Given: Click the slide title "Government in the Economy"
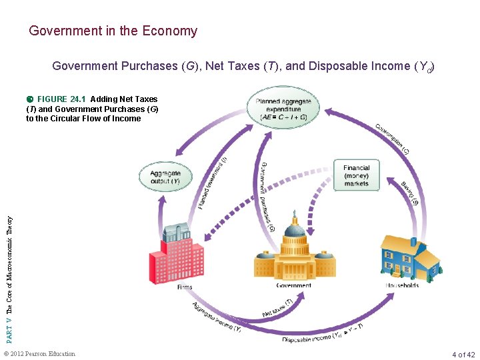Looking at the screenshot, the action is (x=113, y=31).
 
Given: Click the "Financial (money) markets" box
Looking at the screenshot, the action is (x=357, y=175).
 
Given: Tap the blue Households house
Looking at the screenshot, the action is (x=408, y=257).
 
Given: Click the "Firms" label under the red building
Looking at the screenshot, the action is (x=185, y=287).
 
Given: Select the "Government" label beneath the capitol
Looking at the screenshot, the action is (x=293, y=286).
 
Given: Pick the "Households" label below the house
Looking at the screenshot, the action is (x=402, y=286).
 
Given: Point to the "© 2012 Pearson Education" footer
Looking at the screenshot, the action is (x=39, y=353).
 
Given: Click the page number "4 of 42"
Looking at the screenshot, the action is (x=463, y=354).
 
